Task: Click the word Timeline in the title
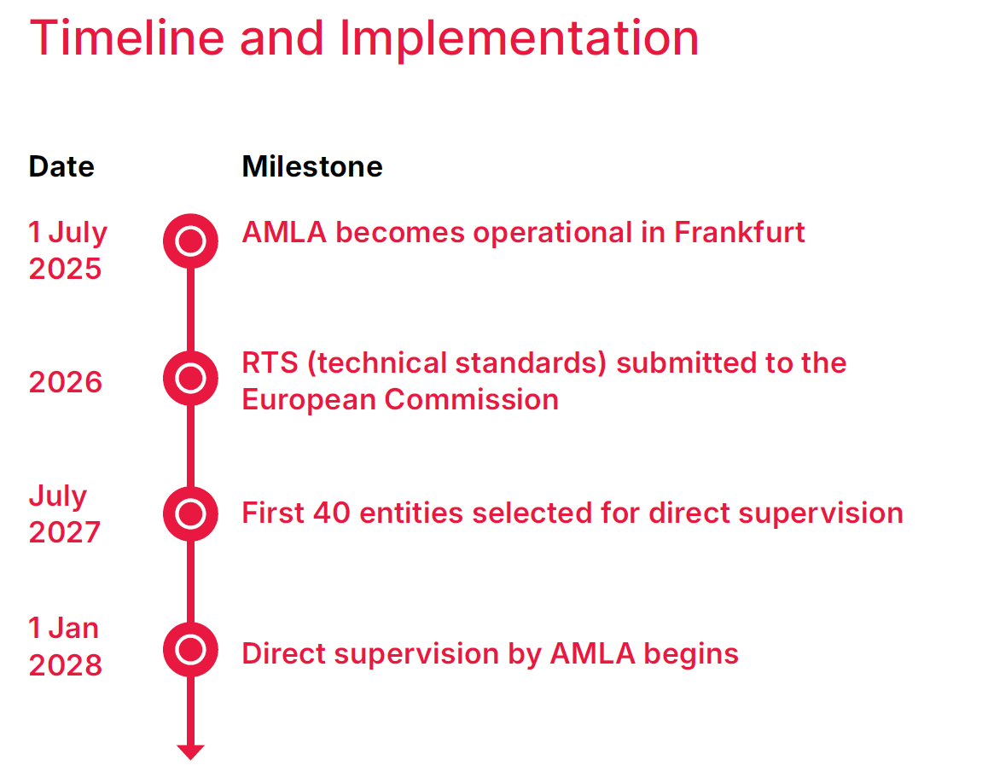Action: click(126, 38)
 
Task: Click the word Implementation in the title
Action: click(520, 39)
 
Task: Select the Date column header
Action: click(61, 167)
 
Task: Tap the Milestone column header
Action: click(312, 167)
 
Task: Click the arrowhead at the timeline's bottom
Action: click(190, 752)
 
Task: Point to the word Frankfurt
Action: click(740, 232)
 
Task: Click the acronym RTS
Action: click(270, 362)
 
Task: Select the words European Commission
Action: click(401, 400)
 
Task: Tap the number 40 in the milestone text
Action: click(331, 513)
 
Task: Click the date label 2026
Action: click(66, 382)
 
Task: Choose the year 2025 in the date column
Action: click(65, 269)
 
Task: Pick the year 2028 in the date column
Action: click(66, 665)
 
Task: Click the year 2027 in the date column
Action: click(65, 532)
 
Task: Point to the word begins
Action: click(691, 655)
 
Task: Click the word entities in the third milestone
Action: click(411, 513)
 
